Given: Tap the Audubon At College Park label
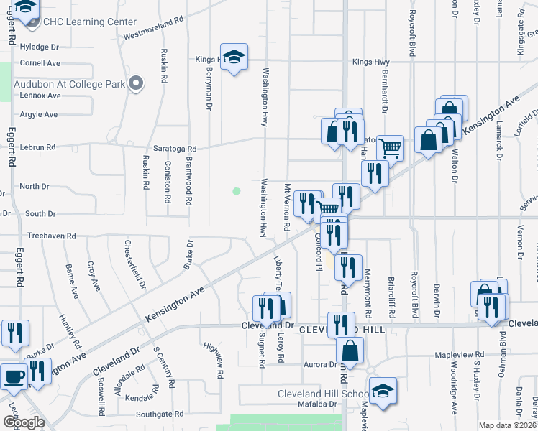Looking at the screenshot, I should point(69,84).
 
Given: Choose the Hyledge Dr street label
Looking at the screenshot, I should point(40,47).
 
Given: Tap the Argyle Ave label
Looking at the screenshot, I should point(39,114).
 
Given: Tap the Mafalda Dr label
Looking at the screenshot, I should point(318,404).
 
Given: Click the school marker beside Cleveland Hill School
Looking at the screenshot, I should point(383,391).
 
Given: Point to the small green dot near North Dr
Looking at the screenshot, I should point(235,191).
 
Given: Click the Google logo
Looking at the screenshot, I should point(24,422).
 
